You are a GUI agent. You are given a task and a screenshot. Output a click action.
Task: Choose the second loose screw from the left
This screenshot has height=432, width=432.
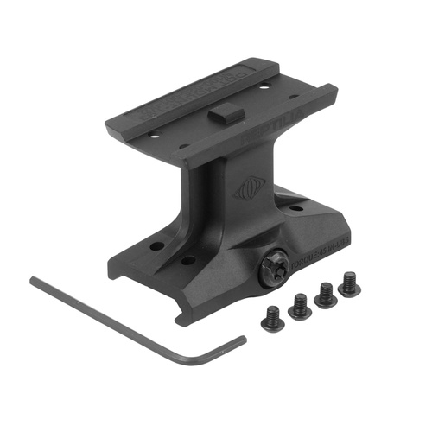pyautogui.click(x=300, y=306)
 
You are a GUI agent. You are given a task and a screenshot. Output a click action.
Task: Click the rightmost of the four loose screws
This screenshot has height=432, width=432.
pyautogui.click(x=349, y=286)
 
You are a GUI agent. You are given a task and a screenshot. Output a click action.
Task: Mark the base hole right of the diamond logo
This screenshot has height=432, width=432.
pyautogui.click(x=296, y=209)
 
